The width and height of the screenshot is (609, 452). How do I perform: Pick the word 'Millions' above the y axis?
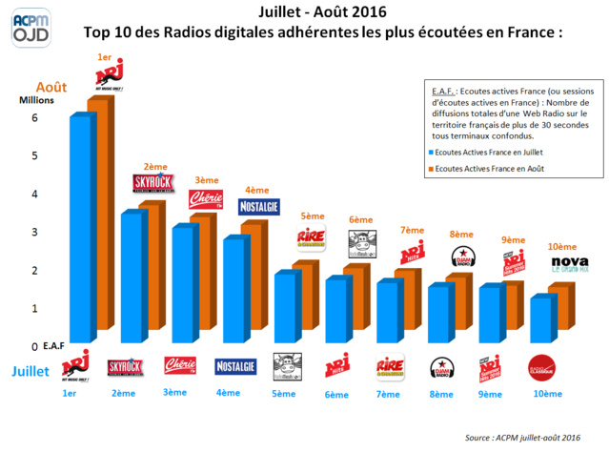[x=38, y=99]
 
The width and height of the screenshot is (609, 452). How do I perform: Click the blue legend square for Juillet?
[x=429, y=152]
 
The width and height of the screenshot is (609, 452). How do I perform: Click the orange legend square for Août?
[x=429, y=169]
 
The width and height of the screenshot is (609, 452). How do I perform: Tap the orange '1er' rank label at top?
[x=106, y=58]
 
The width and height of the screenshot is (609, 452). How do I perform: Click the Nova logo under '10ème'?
[x=544, y=264]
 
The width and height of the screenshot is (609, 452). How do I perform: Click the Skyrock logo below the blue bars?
[x=126, y=365]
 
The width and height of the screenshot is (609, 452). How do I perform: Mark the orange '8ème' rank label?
[x=461, y=234]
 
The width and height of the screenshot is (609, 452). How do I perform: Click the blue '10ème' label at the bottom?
[x=546, y=393]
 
